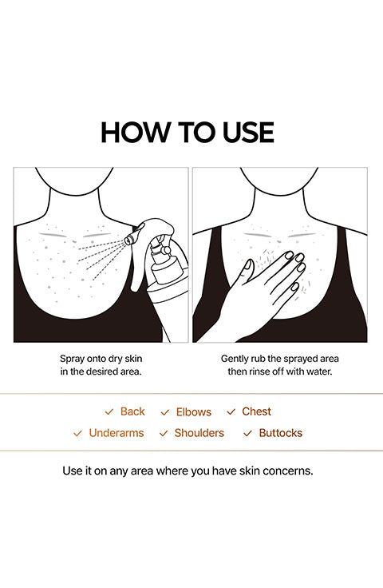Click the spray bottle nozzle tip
point(128,240)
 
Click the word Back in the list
point(132,411)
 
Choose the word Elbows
point(194,412)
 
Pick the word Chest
point(256,411)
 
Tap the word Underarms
point(116,433)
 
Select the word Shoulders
point(199,433)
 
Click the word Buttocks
point(280,433)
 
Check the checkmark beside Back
point(109,411)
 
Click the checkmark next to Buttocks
point(247,434)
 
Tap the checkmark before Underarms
point(77,434)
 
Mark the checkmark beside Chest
point(231,411)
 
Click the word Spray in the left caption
point(73,359)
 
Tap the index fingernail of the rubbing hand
point(290,256)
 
